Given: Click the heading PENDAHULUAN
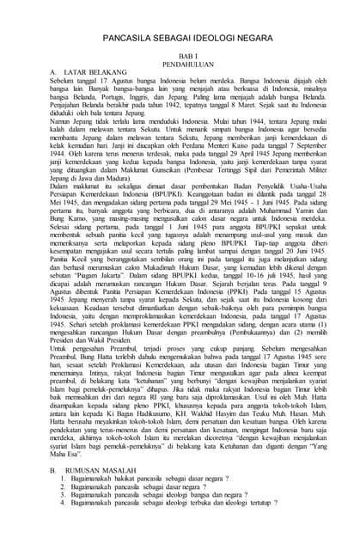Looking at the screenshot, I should tap(181, 67).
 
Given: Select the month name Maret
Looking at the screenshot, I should tap(243, 116).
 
